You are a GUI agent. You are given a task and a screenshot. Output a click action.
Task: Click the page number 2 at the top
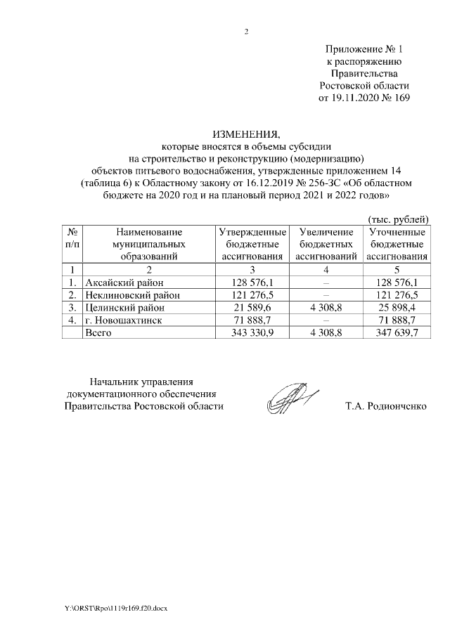[x=246, y=31]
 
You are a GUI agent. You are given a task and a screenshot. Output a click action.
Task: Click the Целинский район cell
[x=124, y=307]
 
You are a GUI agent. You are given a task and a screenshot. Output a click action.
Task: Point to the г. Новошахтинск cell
[x=123, y=320]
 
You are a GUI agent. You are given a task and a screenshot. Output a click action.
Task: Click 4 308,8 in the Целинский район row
[x=324, y=307]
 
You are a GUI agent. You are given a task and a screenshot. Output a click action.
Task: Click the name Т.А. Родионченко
[x=386, y=406]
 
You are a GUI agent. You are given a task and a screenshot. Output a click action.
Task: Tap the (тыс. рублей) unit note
[x=399, y=220]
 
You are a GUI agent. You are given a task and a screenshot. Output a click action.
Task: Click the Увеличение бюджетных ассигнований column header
[x=325, y=244]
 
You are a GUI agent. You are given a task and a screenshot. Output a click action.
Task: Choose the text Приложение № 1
[x=364, y=50]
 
